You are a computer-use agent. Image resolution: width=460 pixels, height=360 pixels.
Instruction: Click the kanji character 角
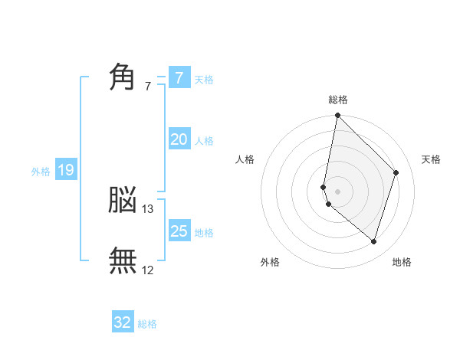tap(123, 77)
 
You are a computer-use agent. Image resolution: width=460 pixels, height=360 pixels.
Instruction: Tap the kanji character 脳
tap(123, 201)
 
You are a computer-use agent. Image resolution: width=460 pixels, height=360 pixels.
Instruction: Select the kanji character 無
tap(123, 260)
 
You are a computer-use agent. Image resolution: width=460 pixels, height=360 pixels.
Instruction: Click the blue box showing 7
tap(179, 77)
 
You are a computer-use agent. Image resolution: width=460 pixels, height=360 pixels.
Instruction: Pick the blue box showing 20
tap(179, 139)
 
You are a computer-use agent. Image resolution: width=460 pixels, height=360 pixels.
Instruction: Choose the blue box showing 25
tap(179, 231)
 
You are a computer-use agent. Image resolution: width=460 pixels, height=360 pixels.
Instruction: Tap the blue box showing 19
tap(65, 170)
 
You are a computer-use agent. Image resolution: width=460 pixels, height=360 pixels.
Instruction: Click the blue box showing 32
tap(123, 322)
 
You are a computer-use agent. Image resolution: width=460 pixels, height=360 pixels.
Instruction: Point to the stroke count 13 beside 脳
tap(148, 208)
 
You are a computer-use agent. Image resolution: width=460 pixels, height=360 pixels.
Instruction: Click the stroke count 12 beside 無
tap(148, 269)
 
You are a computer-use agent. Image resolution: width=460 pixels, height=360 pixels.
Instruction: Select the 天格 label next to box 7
tap(204, 79)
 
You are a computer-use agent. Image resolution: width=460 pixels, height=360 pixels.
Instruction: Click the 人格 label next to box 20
tap(204, 141)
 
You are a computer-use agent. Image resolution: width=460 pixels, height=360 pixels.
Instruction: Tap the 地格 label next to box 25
tap(204, 233)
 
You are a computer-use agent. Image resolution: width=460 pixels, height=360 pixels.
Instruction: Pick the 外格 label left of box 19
tap(41, 172)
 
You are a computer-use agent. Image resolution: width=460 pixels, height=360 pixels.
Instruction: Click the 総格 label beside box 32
tap(147, 324)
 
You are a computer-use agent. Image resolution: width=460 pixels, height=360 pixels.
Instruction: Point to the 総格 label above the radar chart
tap(338, 100)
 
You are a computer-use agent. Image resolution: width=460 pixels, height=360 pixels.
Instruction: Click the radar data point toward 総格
tap(338, 116)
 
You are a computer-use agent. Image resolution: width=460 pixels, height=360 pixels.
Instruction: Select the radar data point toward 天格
tap(396, 173)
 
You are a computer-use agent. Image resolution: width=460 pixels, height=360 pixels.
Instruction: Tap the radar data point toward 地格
tap(373, 241)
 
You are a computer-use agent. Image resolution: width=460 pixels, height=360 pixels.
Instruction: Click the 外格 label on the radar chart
tap(270, 263)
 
